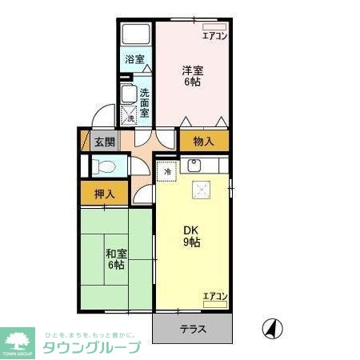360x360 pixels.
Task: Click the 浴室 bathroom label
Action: (135, 59)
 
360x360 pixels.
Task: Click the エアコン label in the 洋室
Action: (214, 35)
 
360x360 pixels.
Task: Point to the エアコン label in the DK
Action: (214, 297)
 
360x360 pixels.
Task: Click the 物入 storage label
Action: (203, 142)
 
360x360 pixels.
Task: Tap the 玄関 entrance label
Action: (104, 143)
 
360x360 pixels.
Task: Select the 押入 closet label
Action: (104, 193)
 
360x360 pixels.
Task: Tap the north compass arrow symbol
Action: (273, 328)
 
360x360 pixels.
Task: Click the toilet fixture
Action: (101, 166)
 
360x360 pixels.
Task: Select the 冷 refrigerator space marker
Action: (168, 170)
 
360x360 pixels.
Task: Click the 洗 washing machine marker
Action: (131, 118)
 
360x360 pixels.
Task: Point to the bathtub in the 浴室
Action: (136, 36)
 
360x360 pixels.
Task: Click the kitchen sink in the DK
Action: (195, 167)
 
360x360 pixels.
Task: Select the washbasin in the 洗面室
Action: (128, 94)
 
